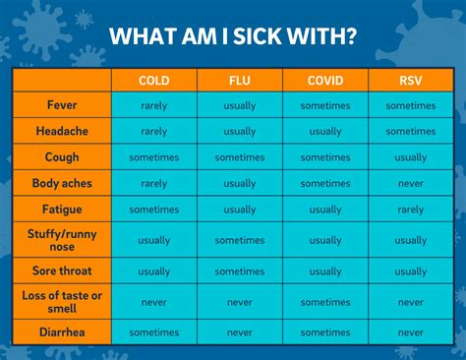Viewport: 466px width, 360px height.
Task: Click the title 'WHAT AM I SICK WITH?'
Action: pyautogui.click(x=233, y=36)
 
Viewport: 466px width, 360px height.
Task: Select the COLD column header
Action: pyautogui.click(x=154, y=81)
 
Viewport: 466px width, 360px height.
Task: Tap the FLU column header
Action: pyautogui.click(x=240, y=81)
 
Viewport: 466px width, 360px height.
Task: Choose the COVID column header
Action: pyautogui.click(x=325, y=81)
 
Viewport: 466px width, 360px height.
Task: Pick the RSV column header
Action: pyautogui.click(x=411, y=81)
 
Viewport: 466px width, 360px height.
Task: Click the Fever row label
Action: pyautogui.click(x=63, y=105)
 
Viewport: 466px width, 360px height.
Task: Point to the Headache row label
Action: pyautogui.click(x=63, y=131)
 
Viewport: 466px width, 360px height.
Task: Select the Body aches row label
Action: pyautogui.click(x=63, y=183)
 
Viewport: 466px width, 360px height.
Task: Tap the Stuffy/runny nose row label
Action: pyautogui.click(x=63, y=239)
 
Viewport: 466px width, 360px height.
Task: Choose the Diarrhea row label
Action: pyautogui.click(x=63, y=332)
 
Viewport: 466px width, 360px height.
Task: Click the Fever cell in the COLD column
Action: pyautogui.click(x=154, y=105)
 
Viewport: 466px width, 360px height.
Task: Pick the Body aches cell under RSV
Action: pyautogui.click(x=411, y=183)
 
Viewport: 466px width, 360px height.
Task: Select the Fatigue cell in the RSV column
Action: pyautogui.click(x=411, y=210)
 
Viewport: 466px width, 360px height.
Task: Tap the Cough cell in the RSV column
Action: pyautogui.click(x=411, y=157)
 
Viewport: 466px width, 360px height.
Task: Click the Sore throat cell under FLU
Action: pyautogui.click(x=240, y=271)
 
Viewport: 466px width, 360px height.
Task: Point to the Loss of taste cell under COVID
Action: pyautogui.click(x=325, y=302)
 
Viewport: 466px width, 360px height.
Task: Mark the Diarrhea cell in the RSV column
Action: pyautogui.click(x=411, y=332)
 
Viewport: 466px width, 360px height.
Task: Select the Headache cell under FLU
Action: pyautogui.click(x=240, y=131)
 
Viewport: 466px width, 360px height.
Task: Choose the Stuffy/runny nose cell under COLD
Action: pyautogui.click(x=154, y=240)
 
